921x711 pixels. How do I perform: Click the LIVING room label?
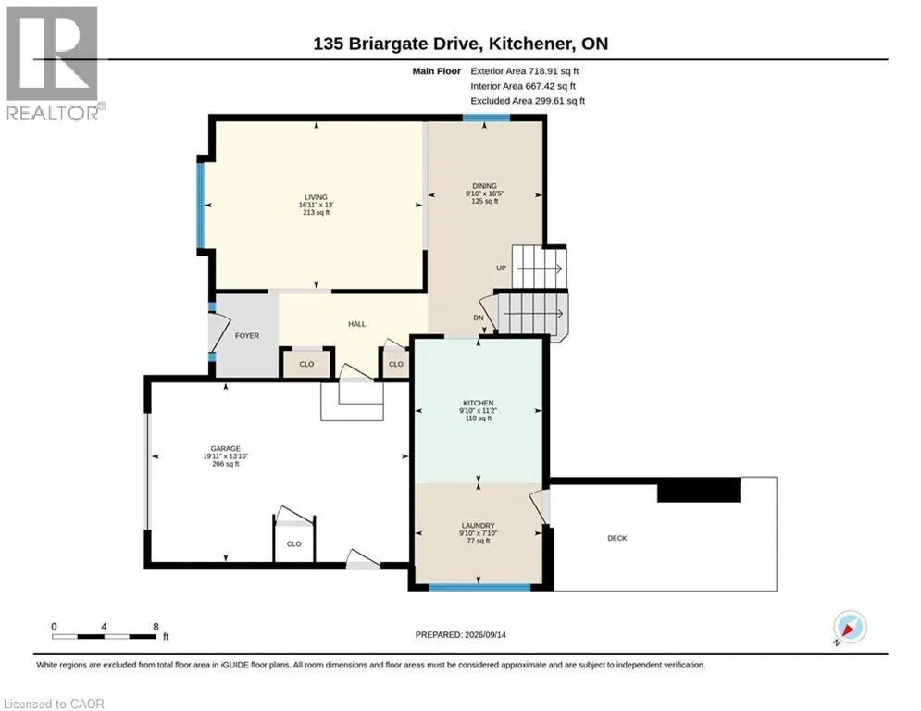(x=316, y=197)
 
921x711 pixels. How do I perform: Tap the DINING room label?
(x=485, y=186)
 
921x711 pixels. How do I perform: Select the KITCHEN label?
(x=479, y=403)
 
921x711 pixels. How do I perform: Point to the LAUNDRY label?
(x=479, y=525)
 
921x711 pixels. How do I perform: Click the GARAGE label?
(x=226, y=448)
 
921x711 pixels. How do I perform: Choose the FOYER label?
(x=247, y=335)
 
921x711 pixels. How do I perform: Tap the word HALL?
(x=356, y=324)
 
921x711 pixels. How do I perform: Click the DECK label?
(x=617, y=538)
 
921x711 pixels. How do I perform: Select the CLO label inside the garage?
(x=294, y=543)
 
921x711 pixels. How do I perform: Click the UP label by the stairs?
(x=501, y=268)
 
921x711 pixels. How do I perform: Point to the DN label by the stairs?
(x=479, y=318)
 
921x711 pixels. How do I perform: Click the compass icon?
(x=850, y=627)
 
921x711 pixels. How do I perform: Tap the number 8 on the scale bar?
(x=156, y=627)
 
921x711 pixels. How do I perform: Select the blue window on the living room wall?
(x=201, y=206)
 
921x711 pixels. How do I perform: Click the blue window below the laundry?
(x=479, y=587)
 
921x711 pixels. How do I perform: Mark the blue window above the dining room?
(x=486, y=118)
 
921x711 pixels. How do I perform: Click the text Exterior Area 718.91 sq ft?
(x=525, y=71)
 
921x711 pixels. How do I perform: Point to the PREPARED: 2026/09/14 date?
(x=461, y=634)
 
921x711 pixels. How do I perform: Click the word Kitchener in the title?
(x=531, y=44)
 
